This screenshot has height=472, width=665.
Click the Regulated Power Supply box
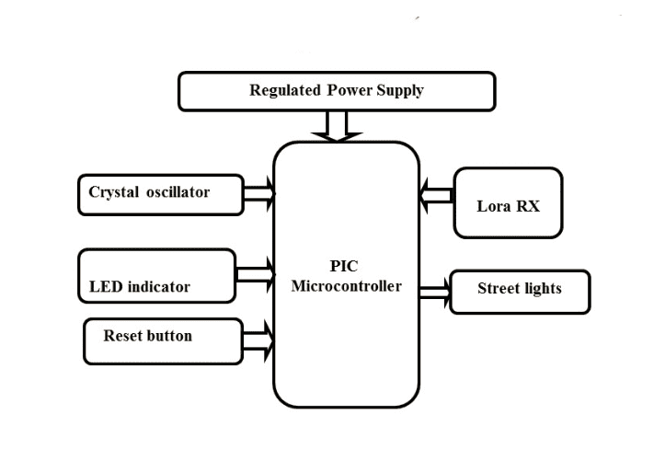point(337,91)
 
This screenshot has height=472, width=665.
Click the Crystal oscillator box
point(161,194)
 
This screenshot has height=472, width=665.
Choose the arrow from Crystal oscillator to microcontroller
point(259,193)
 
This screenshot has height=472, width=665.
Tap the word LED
point(105,286)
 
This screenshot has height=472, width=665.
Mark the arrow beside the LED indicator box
point(256,273)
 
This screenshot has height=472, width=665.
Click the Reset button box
point(163,340)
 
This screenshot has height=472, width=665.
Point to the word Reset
point(122,336)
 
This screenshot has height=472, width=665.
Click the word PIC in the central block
point(345,268)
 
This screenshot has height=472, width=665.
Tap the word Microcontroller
point(346,286)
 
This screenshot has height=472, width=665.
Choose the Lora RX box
point(508,202)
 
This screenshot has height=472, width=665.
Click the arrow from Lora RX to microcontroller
point(437,194)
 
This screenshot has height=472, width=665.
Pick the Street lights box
point(520,291)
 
